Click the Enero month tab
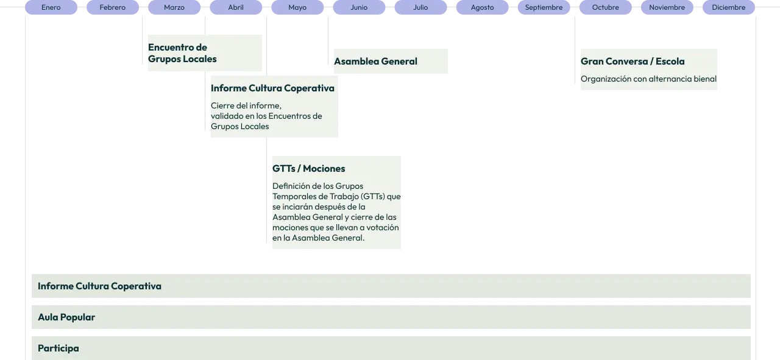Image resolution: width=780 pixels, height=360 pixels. click(51, 7)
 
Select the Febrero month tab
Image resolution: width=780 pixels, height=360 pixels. click(113, 7)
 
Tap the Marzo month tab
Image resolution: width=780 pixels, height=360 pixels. click(174, 7)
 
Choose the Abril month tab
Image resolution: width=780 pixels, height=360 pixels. click(236, 7)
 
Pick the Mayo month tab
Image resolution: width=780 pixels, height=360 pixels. click(297, 7)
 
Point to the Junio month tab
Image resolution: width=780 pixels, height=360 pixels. click(359, 7)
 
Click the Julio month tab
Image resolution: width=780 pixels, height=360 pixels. click(420, 7)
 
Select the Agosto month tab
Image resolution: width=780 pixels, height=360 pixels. click(482, 7)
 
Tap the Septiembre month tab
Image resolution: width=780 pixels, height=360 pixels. click(544, 7)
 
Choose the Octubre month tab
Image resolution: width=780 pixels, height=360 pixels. click(605, 7)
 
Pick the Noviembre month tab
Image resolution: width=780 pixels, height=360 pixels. click(667, 7)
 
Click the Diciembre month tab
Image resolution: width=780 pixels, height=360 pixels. click(728, 7)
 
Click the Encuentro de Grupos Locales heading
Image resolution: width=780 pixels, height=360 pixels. click(182, 53)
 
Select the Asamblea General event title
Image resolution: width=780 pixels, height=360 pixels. click(375, 62)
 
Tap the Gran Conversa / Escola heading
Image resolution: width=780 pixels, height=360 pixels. click(633, 62)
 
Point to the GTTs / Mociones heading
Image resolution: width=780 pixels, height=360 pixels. click(308, 169)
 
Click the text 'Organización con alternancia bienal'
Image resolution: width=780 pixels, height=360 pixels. click(648, 79)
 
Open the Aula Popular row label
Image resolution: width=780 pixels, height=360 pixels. click(66, 317)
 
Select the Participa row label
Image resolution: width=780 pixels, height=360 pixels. click(58, 348)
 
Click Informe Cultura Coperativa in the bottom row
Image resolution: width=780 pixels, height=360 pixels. click(99, 286)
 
